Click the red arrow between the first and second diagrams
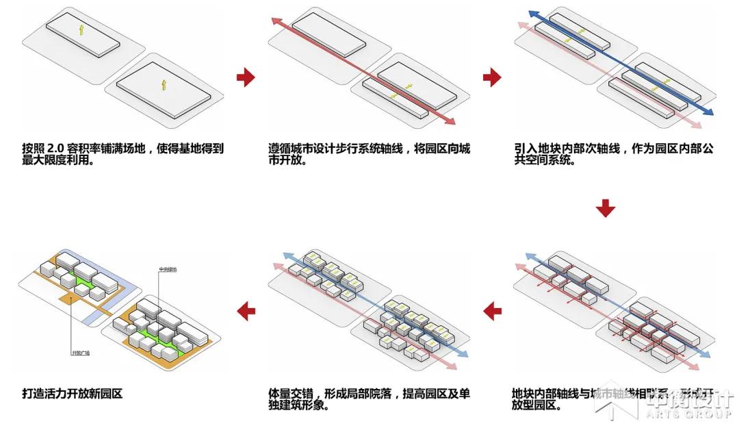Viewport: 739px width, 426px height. (246, 77)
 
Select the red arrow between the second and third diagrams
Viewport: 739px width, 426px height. (492, 77)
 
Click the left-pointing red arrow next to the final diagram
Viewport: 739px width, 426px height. (246, 312)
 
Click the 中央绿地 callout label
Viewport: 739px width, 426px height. (168, 268)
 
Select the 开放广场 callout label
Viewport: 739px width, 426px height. (81, 353)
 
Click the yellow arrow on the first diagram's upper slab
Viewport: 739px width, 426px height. (81, 29)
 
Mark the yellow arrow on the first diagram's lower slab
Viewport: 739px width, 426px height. (164, 84)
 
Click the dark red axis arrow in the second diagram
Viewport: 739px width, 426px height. (363, 72)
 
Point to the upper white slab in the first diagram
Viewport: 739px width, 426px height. (83, 35)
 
